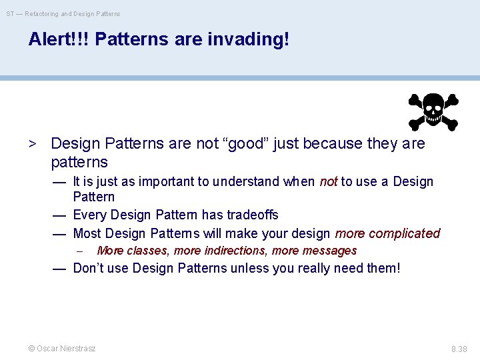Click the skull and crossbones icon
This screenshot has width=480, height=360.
point(433,111)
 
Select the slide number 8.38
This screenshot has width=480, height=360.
point(459,349)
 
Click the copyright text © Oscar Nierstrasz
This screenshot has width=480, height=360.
point(61,349)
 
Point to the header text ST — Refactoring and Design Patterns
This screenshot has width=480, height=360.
point(63,13)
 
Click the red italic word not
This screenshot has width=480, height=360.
point(328,181)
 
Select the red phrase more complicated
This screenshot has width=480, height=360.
point(387,233)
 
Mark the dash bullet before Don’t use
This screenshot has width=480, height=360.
point(59,268)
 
